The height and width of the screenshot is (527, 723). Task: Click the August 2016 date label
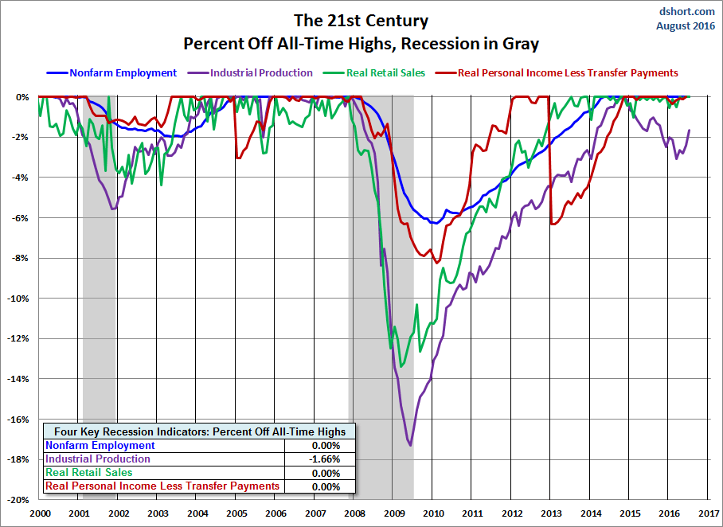[x=686, y=25]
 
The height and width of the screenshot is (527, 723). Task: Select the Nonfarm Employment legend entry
[x=123, y=73]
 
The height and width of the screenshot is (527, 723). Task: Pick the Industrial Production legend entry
[x=261, y=73]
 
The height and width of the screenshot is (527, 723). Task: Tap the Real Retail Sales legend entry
[x=385, y=73]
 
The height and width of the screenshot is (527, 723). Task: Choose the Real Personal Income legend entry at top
[x=567, y=73]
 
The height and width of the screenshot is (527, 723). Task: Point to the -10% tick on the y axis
[x=20, y=299]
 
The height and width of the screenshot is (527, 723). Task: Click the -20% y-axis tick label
[x=20, y=500]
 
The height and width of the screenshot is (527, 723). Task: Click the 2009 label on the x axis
[x=393, y=513]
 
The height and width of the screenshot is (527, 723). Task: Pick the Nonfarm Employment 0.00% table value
[x=325, y=446]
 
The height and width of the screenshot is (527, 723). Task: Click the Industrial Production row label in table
[x=98, y=459]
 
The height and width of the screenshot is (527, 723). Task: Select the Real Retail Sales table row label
[x=87, y=473]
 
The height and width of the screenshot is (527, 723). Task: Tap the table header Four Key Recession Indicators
[x=200, y=431]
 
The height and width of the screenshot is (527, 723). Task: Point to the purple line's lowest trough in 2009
[x=410, y=445]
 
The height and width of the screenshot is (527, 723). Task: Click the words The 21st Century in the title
[x=361, y=20]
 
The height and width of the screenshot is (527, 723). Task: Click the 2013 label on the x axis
[x=550, y=513]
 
